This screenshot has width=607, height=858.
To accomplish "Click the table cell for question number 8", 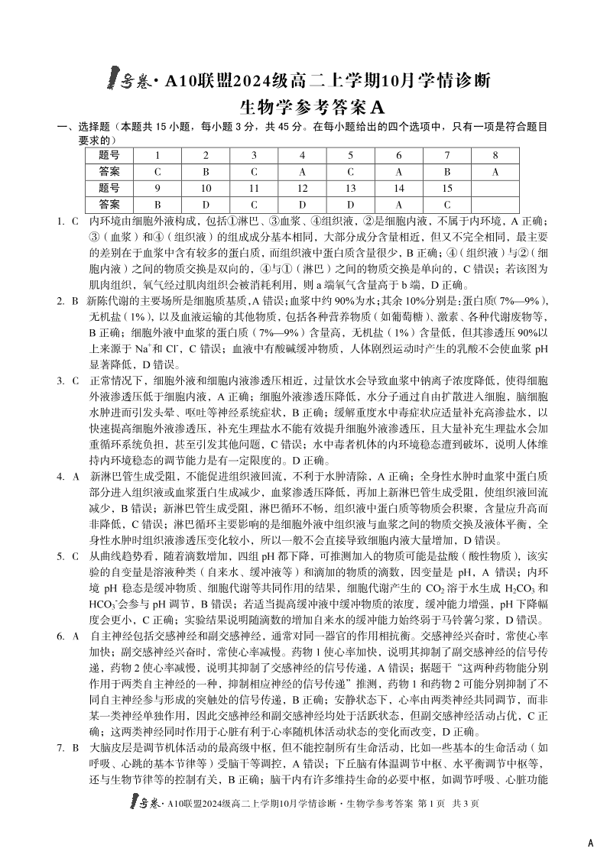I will point(495,156).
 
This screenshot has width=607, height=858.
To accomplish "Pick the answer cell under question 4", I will point(301,172).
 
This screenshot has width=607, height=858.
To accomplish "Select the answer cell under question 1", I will point(157,172).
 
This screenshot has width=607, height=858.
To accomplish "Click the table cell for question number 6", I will point(398,156).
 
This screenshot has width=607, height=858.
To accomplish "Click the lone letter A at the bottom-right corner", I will point(589,843).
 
